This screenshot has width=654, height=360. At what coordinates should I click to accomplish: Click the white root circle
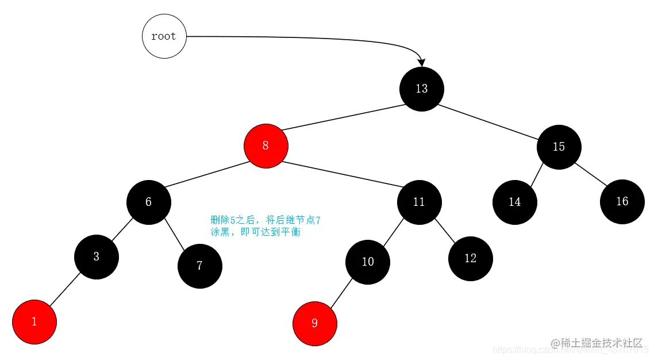click(164, 36)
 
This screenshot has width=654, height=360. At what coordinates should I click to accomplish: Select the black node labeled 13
click(422, 89)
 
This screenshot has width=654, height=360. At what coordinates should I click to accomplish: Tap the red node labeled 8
click(266, 146)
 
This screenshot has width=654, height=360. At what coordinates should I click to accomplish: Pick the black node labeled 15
click(559, 147)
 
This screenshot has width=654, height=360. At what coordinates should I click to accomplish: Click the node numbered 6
click(149, 202)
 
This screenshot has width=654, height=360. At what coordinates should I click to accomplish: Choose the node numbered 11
click(419, 202)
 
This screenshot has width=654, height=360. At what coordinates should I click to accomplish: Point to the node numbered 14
click(514, 202)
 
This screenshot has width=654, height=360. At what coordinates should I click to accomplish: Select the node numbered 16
click(622, 201)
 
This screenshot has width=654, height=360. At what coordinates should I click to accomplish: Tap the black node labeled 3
click(97, 256)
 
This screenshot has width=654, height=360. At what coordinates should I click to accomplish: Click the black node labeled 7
click(199, 266)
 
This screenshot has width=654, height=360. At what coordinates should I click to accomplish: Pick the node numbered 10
click(368, 262)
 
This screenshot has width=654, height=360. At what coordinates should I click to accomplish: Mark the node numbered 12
click(470, 258)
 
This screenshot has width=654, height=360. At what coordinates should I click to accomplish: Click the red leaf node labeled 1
click(34, 322)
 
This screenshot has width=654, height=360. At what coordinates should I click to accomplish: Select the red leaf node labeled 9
click(314, 323)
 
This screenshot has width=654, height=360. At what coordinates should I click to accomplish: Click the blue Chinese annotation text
click(265, 226)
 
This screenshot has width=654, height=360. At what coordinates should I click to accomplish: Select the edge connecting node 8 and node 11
click(342, 174)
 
